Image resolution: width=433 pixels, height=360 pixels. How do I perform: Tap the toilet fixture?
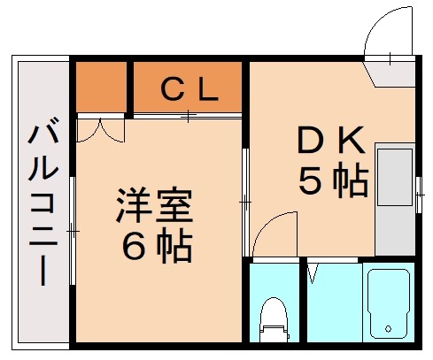[x=273, y=320]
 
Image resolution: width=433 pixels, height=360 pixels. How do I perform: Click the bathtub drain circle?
[x=389, y=330]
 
